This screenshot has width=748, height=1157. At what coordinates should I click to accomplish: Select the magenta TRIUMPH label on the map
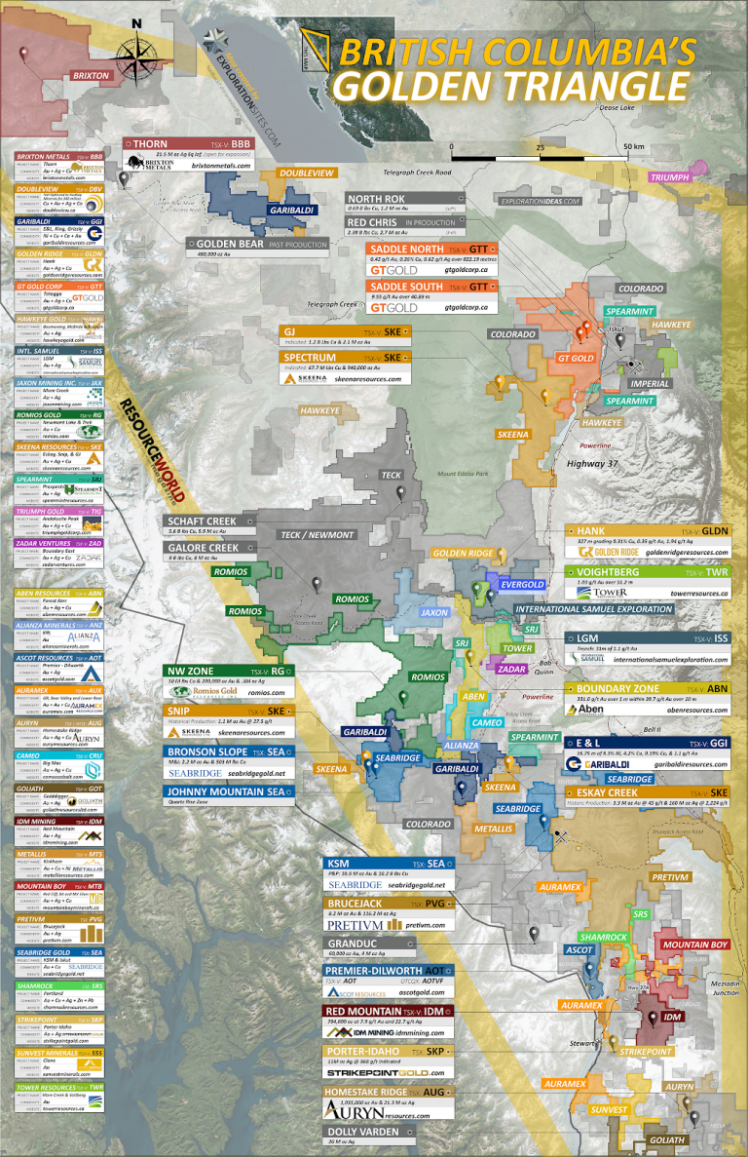coord(671,177)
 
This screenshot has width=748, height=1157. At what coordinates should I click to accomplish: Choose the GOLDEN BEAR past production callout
coord(257,244)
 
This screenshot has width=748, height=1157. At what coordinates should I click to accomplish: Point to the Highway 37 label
coord(593,464)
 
